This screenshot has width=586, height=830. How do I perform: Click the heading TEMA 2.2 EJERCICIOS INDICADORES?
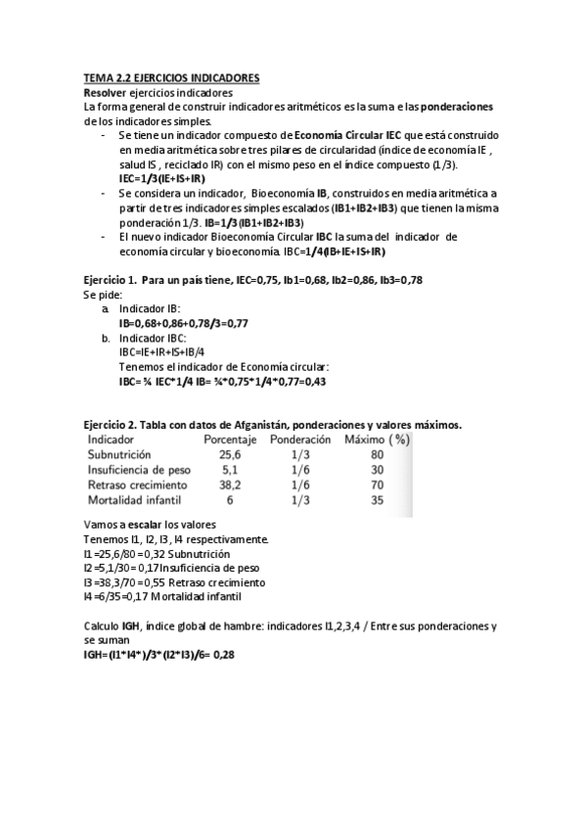coord(170,77)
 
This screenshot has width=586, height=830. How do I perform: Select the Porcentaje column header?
coord(229,440)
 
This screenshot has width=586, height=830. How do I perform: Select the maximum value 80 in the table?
coord(377,455)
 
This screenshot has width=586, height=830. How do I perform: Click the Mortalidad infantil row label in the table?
coord(132,499)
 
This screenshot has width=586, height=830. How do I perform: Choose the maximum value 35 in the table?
coord(377,499)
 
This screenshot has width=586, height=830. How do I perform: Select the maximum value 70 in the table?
coord(377,484)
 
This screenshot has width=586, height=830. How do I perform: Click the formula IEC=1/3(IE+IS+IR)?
coord(161,179)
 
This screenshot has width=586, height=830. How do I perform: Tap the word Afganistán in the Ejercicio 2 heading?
coord(248,425)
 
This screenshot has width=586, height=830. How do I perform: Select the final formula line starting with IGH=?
coord(159,653)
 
